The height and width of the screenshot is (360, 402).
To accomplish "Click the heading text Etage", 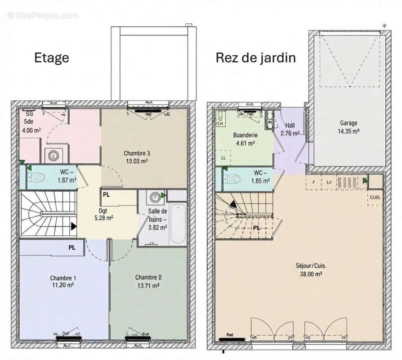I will pos(52,58).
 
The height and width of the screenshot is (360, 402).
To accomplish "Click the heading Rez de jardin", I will pos(255,58).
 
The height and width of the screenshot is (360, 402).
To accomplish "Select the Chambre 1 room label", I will pos(63,277).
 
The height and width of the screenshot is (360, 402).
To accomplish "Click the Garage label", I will pos(348,122).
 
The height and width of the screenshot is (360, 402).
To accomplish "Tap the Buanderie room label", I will pos(245,135).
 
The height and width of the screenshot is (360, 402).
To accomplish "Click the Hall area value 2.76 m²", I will pos(290,134).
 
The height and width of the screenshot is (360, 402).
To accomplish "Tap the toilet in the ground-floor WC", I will pos(233,180).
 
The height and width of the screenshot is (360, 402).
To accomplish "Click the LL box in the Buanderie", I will pos(223,157).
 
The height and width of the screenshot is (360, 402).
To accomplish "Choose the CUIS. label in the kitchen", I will pos(375,197).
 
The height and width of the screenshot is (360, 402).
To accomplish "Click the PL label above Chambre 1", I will pos(72,247).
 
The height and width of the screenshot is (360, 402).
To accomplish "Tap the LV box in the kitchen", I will pos(329,182).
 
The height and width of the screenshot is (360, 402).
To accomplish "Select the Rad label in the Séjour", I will pos(229,335).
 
